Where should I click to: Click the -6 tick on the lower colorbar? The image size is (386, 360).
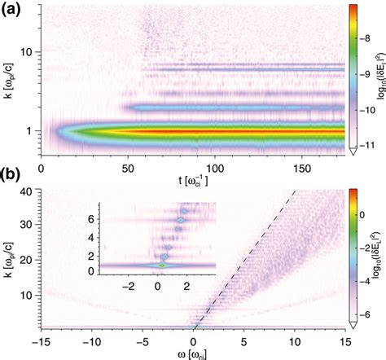click(x=361, y=312)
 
